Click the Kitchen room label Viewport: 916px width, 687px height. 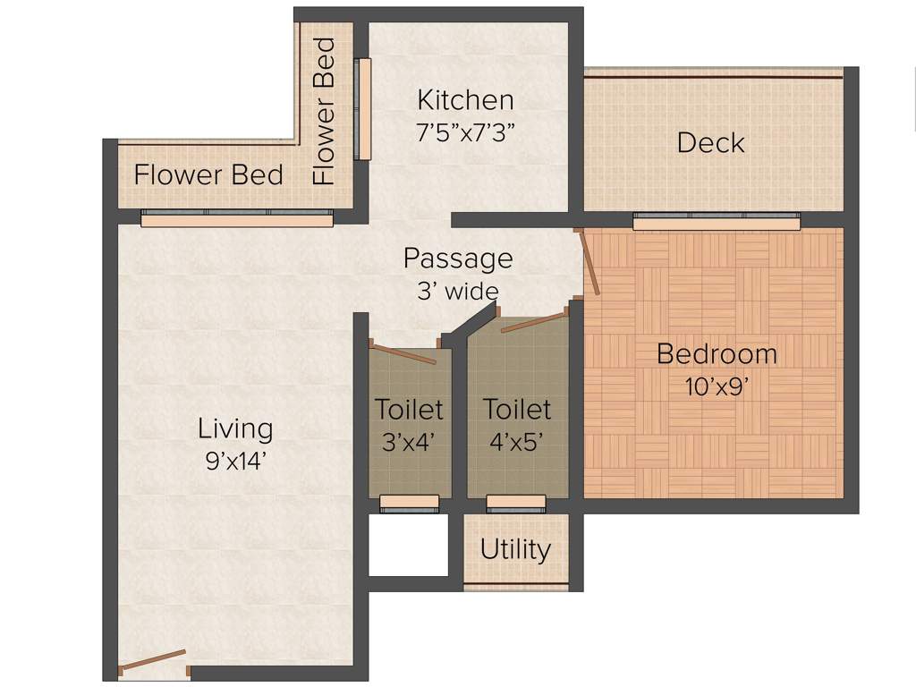pyautogui.click(x=465, y=98)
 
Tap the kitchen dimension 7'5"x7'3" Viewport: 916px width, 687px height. pyautogui.click(x=465, y=132)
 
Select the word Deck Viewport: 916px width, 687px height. pyautogui.click(x=711, y=143)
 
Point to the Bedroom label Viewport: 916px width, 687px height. pyautogui.click(x=717, y=353)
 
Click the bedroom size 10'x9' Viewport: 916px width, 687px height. pyautogui.click(x=716, y=387)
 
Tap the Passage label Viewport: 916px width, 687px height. pyautogui.click(x=458, y=259)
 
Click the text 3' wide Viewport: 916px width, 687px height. pyautogui.click(x=457, y=291)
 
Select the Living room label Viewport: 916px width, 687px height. pyautogui.click(x=235, y=428)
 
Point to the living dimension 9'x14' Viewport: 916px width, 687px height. pyautogui.click(x=235, y=462)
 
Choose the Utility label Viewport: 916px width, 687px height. pyautogui.click(x=515, y=549)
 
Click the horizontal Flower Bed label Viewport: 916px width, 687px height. pyautogui.click(x=208, y=174)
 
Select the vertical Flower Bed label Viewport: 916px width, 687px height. pyautogui.click(x=324, y=111)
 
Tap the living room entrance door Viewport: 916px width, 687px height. pyautogui.click(x=153, y=661)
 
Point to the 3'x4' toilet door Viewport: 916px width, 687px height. pyautogui.click(x=403, y=353)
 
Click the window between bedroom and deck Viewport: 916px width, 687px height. pyautogui.click(x=717, y=220)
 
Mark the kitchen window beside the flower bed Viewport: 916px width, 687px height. pyautogui.click(x=362, y=109)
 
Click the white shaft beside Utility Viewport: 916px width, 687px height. pyautogui.click(x=408, y=545)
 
